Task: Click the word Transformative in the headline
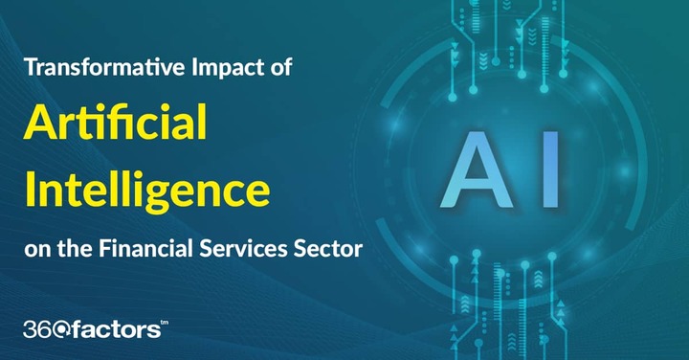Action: click(x=105, y=67)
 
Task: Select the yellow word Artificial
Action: click(x=116, y=122)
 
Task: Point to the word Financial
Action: click(x=145, y=248)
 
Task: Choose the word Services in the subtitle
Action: click(x=243, y=248)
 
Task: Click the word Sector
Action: click(x=328, y=249)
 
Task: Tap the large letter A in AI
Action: click(x=477, y=169)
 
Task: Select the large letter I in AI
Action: click(x=551, y=169)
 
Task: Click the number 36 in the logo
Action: click(x=37, y=329)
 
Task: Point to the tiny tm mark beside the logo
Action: click(x=165, y=323)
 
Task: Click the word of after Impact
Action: click(x=281, y=67)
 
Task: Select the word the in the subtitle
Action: click(x=76, y=249)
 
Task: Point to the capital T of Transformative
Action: click(x=32, y=68)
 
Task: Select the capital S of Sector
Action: click(x=300, y=249)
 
